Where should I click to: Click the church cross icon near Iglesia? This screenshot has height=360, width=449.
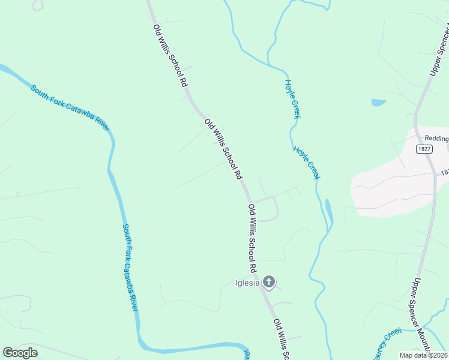pos(270,281)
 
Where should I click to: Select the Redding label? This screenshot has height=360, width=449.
pos(436,139)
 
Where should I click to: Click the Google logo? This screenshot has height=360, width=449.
pos(20,353)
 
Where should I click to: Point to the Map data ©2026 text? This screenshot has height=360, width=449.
pos(423,355)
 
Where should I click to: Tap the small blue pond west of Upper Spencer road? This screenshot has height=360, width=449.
pos(378,103)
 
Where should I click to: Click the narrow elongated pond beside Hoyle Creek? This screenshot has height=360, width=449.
pos(328,209)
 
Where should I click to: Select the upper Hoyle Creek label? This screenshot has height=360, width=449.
pos(292,99)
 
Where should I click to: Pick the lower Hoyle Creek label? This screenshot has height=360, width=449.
pos(307,162)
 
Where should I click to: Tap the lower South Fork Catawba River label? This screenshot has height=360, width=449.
pos(130,267)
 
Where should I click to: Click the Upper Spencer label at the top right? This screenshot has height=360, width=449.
pos(439,50)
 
